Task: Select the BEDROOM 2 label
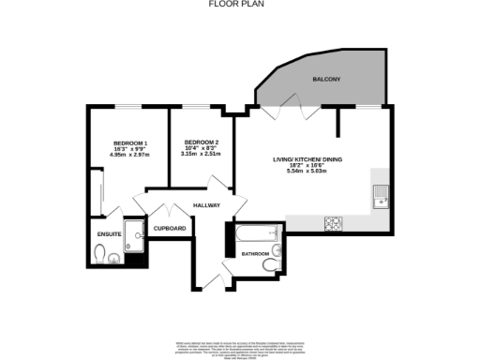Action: (201, 142)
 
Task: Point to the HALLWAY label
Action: (206, 205)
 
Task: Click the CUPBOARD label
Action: (170, 228)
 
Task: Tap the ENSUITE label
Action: (110, 232)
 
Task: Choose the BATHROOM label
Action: (255, 254)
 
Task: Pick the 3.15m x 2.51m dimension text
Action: (201, 155)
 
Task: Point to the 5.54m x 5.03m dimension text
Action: (307, 172)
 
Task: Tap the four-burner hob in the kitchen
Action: (334, 223)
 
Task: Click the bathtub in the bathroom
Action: (256, 232)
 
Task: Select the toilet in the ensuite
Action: (100, 253)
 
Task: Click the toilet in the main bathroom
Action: (270, 264)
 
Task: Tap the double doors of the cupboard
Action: (170, 213)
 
